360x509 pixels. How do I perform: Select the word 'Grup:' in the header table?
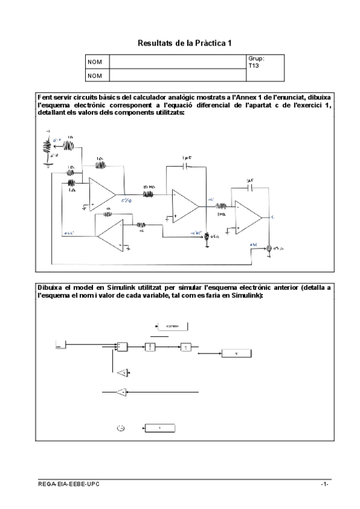(x=256, y=59)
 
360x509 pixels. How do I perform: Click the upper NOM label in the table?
(x=94, y=62)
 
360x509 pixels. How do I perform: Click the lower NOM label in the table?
(x=94, y=76)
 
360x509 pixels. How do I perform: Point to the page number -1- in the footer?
(x=325, y=484)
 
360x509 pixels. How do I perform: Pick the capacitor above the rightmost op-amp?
(x=250, y=187)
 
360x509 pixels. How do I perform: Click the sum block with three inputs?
(x=122, y=346)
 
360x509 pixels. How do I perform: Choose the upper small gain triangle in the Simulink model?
(x=124, y=373)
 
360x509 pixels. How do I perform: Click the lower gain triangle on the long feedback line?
(x=122, y=393)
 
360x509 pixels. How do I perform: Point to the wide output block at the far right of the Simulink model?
(x=237, y=354)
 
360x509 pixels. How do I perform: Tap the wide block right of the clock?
(x=160, y=427)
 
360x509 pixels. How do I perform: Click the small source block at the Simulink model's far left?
(x=59, y=345)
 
